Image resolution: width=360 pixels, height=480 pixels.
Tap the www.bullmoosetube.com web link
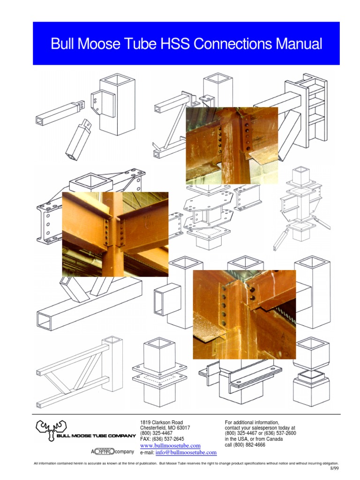(170, 445)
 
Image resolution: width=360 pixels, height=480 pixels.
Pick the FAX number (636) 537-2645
(162, 439)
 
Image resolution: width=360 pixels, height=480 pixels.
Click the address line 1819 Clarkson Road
(162, 422)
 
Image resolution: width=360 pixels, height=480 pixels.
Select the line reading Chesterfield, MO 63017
(165, 428)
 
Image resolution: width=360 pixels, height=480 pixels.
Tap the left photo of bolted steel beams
(115, 234)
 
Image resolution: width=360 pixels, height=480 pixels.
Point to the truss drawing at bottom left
(77, 370)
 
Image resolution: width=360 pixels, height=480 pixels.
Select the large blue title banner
(186, 43)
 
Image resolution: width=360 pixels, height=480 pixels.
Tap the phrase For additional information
(252, 422)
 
